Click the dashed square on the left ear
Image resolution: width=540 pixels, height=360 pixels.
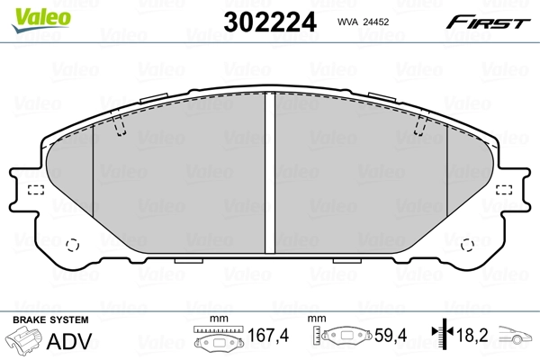[36, 190]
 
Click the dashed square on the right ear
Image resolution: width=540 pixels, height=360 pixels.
[504, 190]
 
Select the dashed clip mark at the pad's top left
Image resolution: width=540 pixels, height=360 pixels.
[121, 129]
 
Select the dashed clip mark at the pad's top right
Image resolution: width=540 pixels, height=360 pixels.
[418, 129]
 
